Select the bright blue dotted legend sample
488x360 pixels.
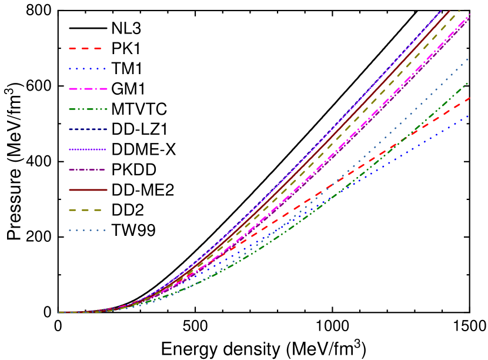(87, 69)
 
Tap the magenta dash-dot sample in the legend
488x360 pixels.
(87, 89)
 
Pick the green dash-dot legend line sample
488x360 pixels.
(87, 109)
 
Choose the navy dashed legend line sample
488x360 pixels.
(87, 129)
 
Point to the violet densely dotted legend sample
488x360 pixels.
(87, 149)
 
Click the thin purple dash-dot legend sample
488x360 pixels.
(87, 169)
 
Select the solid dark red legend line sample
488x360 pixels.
(87, 190)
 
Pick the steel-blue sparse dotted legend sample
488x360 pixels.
(87, 230)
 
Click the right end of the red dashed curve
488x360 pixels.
(469, 98)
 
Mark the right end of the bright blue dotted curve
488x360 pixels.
(469, 116)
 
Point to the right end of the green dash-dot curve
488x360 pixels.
(469, 82)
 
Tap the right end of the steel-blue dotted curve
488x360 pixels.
(469, 58)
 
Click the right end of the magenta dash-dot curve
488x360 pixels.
(469, 18)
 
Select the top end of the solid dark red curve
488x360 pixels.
(449, 11)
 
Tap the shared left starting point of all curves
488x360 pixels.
(59, 312)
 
